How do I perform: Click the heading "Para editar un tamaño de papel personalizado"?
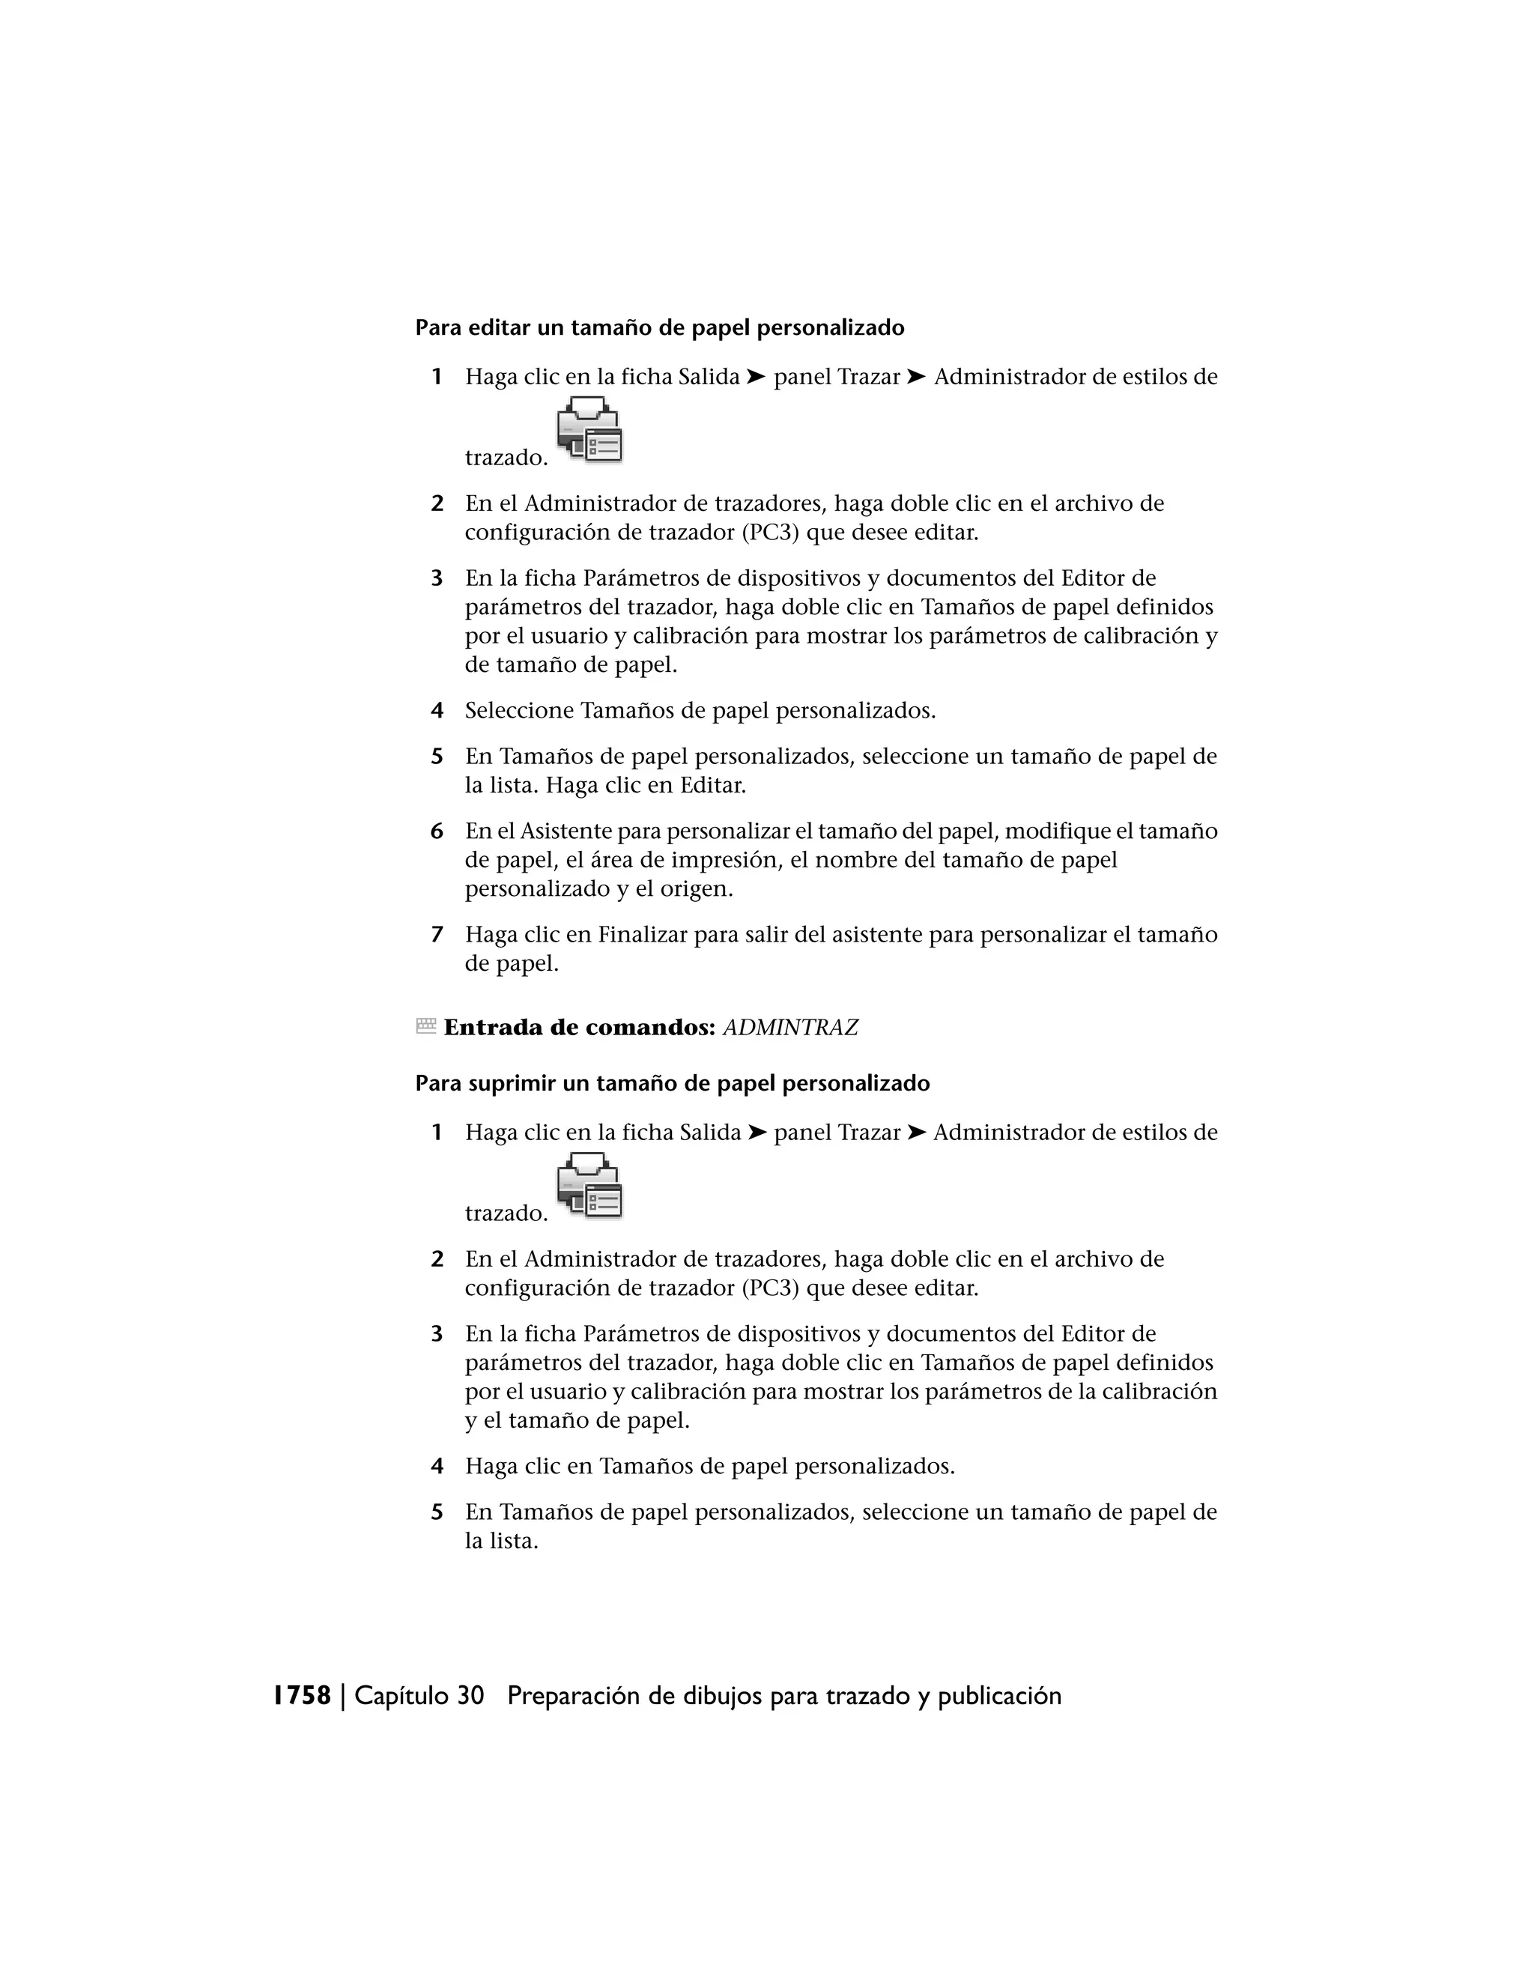(x=660, y=328)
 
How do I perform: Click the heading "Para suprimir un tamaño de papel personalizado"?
(x=673, y=1083)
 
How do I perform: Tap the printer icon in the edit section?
(x=589, y=430)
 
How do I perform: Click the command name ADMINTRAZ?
(x=789, y=1028)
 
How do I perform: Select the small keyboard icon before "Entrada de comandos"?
(x=425, y=1026)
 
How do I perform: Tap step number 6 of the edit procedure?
(x=437, y=831)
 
